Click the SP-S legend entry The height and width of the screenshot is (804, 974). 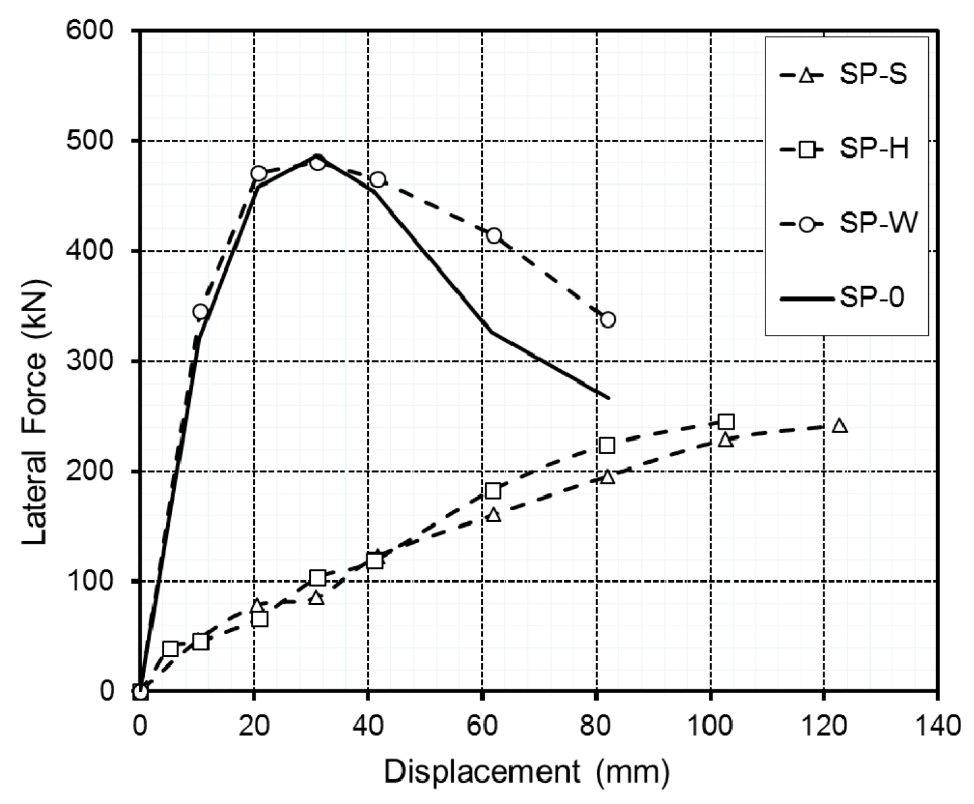(843, 75)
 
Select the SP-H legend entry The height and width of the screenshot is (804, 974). (843, 149)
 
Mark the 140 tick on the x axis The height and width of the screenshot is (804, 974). (937, 725)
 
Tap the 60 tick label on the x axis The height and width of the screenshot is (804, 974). (482, 725)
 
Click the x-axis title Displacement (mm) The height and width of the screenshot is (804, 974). (527, 771)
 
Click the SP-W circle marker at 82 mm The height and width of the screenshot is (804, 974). (607, 320)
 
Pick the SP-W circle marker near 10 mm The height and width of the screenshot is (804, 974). (200, 312)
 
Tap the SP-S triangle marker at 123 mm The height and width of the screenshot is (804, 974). (839, 426)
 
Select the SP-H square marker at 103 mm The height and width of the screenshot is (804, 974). (726, 422)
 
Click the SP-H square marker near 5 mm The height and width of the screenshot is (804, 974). (171, 649)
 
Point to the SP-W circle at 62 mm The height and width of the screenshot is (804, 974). (494, 235)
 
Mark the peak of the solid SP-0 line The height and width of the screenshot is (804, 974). (317, 155)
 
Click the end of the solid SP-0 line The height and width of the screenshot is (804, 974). (608, 398)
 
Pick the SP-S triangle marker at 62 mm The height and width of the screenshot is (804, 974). (494, 515)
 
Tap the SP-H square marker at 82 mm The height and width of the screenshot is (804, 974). (606, 445)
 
